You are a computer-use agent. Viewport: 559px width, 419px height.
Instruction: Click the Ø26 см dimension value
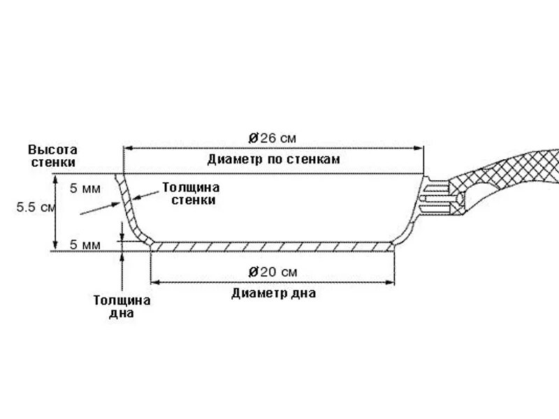(273, 136)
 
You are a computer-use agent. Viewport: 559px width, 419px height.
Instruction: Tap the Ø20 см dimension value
(273, 271)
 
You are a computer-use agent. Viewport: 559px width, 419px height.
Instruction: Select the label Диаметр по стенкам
(273, 159)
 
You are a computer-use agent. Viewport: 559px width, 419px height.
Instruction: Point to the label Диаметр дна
(273, 293)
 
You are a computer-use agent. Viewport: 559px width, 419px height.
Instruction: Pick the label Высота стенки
(52, 156)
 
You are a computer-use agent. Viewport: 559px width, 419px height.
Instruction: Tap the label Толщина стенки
(191, 193)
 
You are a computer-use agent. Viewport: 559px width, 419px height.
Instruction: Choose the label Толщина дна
(122, 307)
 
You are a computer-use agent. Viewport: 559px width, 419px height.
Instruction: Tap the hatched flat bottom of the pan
(273, 246)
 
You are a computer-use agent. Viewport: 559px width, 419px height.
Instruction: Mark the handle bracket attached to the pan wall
(437, 197)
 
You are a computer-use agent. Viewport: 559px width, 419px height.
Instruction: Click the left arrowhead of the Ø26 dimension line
(127, 147)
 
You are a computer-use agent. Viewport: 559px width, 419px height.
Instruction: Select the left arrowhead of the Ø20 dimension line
(155, 282)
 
